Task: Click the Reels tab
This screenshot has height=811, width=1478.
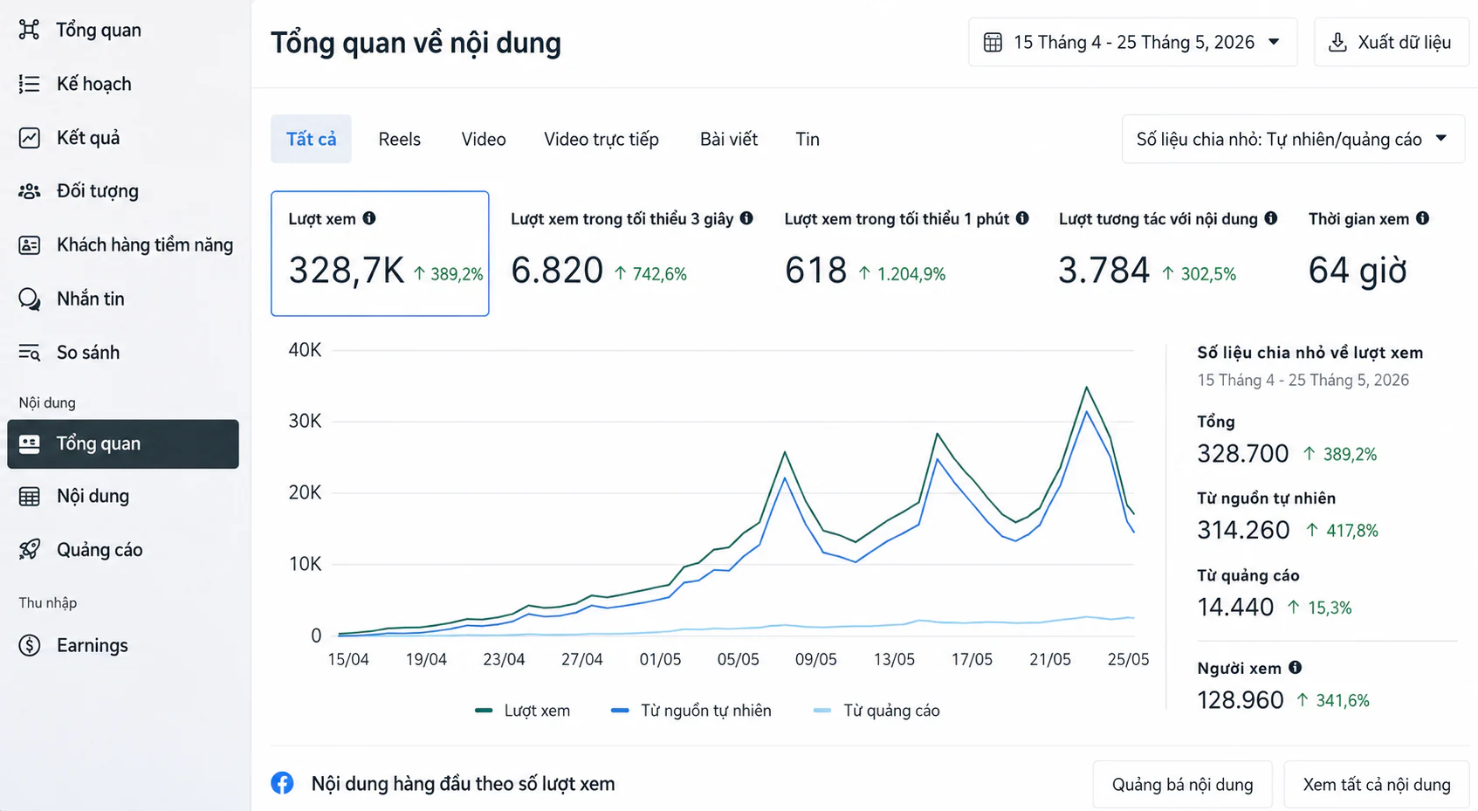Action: (x=399, y=139)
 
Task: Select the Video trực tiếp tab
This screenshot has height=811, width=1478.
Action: (x=602, y=139)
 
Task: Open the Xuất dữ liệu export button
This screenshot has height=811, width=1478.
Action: (x=1392, y=42)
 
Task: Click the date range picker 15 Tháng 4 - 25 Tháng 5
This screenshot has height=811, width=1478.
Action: (x=1133, y=42)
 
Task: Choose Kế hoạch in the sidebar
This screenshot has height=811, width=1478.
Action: (x=93, y=84)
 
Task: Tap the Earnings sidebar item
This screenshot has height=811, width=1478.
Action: (x=92, y=645)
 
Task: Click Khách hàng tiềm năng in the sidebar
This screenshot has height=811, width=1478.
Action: (x=145, y=244)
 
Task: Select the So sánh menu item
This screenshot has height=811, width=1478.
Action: (x=88, y=353)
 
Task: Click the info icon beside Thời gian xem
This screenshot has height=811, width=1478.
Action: (x=1423, y=218)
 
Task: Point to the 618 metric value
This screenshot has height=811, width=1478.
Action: (x=815, y=271)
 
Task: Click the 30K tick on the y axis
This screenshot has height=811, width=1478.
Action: (x=305, y=421)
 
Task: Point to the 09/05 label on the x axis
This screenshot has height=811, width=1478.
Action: (x=815, y=659)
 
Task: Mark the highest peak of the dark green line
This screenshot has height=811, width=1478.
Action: (x=1086, y=388)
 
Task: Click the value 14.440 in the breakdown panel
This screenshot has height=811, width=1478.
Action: (x=1235, y=607)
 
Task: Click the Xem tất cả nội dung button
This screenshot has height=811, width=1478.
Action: (x=1377, y=785)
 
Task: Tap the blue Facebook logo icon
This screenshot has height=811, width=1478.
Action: (x=282, y=783)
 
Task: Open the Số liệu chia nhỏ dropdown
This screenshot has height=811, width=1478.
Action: (x=1293, y=139)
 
